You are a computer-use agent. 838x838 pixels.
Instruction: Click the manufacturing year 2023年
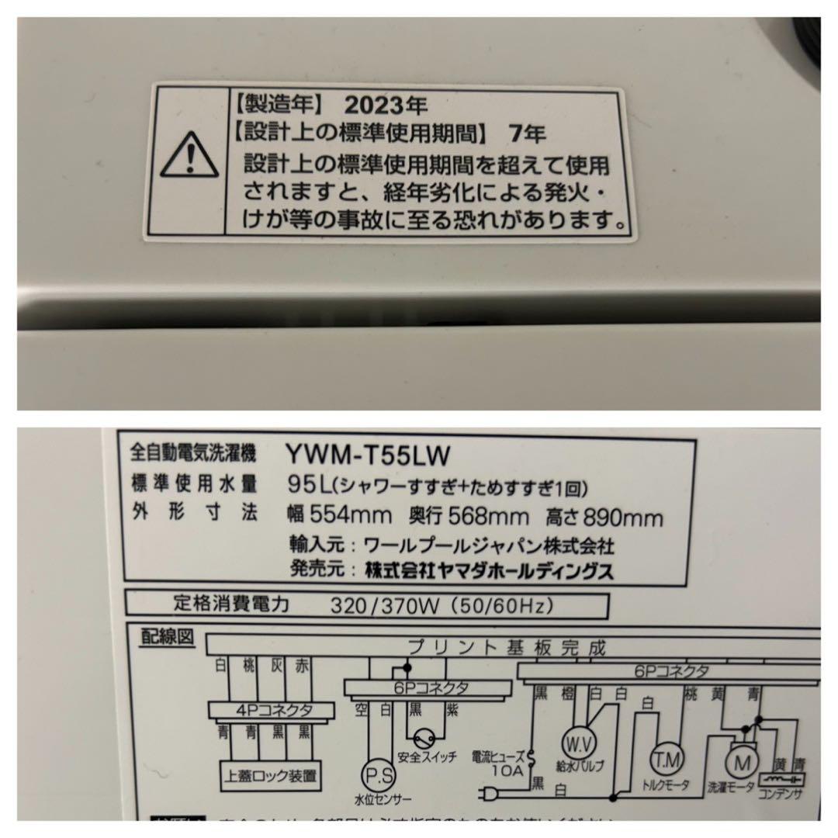point(386,102)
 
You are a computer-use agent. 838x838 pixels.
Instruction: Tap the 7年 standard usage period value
point(527,133)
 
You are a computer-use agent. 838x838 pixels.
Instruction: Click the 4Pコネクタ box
point(272,709)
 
